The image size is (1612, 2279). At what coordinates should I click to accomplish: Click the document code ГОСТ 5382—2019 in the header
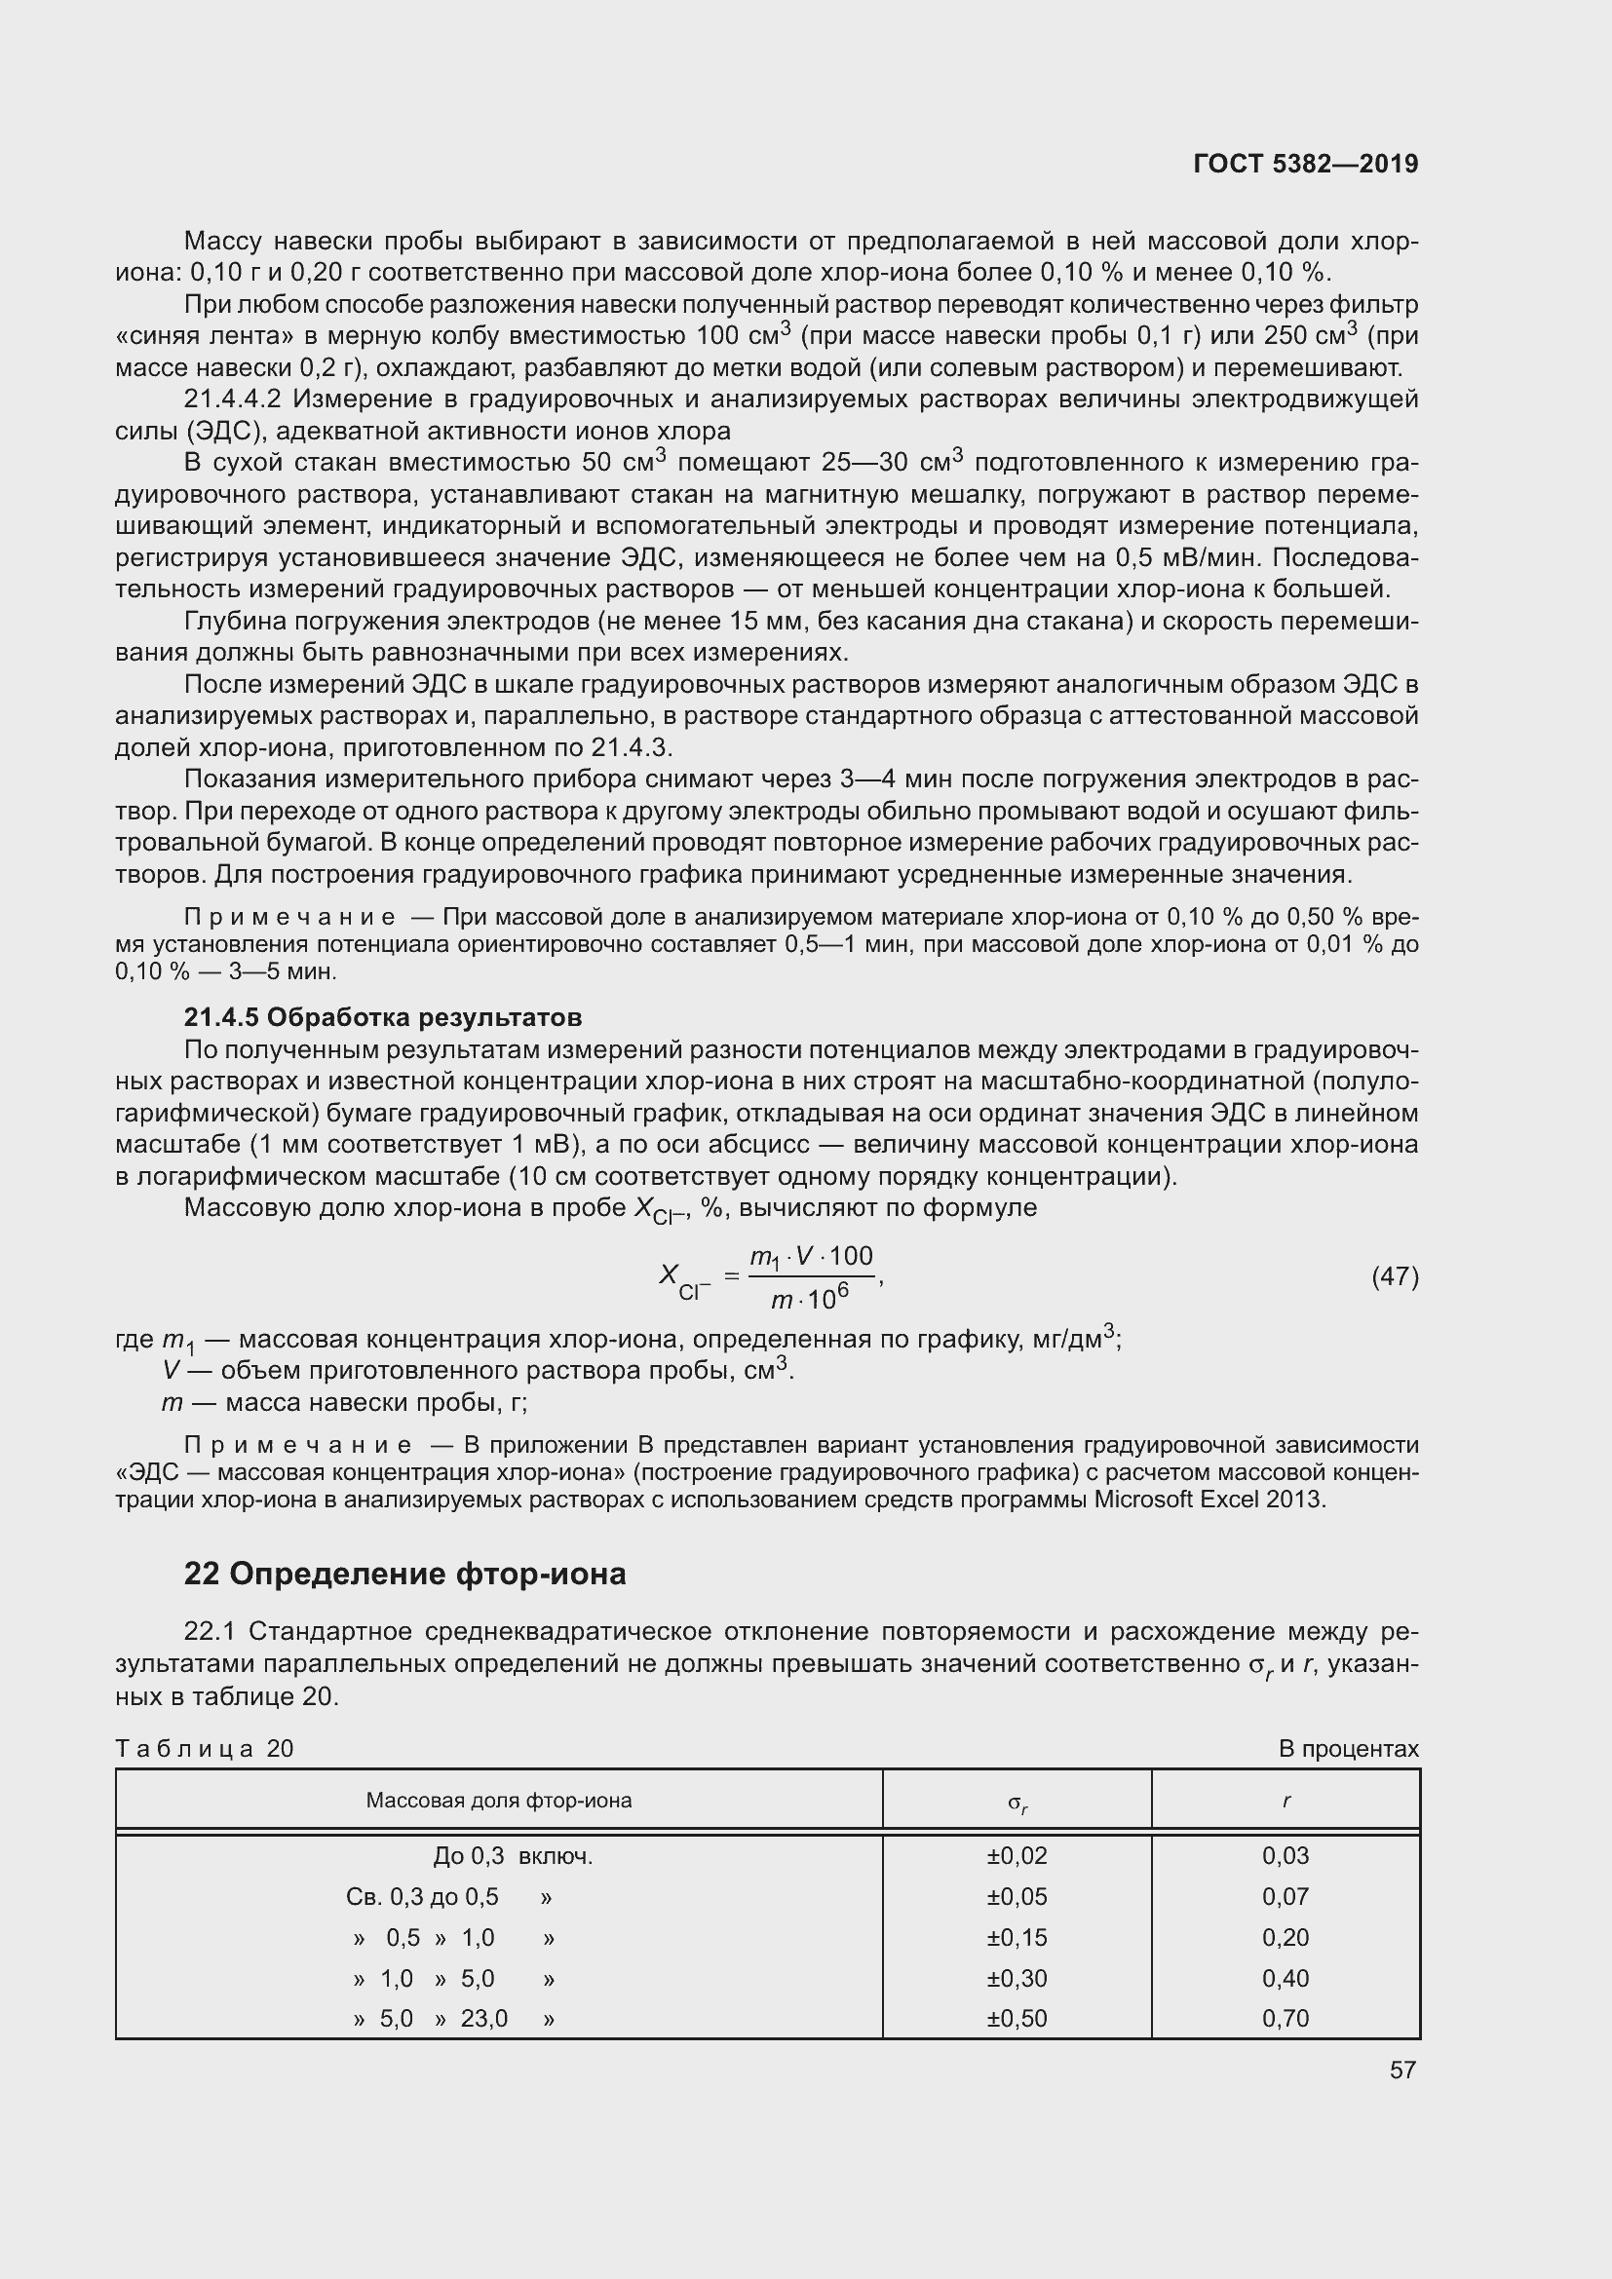pos(1305,164)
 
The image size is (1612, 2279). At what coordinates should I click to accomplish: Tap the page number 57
pos(1402,2070)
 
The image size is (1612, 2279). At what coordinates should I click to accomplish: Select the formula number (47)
pos(1395,1276)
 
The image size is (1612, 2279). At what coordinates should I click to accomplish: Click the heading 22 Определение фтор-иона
pos(405,1575)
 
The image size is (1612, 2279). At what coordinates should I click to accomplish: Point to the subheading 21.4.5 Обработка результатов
pos(383,1017)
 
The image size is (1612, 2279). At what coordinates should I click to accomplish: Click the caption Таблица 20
pos(205,1749)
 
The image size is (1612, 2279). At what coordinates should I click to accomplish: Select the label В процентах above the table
pos(1348,1749)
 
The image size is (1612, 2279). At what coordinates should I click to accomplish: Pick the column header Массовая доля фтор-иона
pos(498,1801)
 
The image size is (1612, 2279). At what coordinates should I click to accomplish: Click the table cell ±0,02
pos(1017,1855)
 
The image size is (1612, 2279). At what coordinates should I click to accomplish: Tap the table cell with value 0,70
pos(1286,2018)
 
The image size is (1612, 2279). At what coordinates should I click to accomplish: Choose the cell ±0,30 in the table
pos(1017,1978)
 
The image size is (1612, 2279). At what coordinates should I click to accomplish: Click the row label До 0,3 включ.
pos(513,1856)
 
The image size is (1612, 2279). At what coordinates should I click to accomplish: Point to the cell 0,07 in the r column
pos(1286,1897)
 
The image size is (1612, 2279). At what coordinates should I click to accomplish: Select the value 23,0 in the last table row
pos(483,2019)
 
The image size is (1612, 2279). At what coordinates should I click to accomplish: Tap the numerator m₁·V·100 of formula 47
pos(811,1258)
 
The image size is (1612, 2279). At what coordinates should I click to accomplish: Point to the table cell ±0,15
pos(1017,1938)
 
